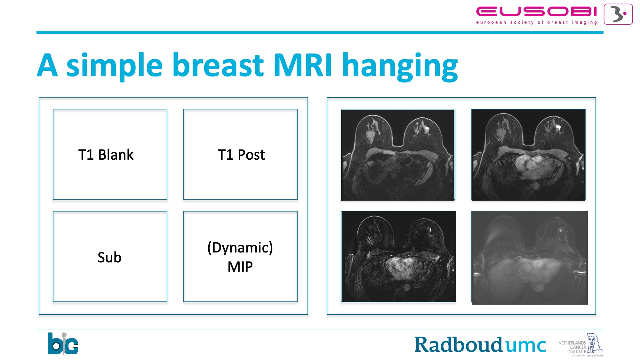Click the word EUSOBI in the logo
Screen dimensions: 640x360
[536, 12]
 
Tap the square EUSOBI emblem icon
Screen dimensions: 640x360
[618, 14]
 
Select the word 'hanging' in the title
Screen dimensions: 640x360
[400, 66]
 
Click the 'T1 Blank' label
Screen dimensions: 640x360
[106, 155]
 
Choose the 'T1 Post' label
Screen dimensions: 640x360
[241, 155]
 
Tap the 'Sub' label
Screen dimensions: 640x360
[109, 257]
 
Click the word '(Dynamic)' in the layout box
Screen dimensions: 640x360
[240, 248]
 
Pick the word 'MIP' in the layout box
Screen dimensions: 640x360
[240, 267]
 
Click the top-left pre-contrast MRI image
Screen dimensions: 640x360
[398, 155]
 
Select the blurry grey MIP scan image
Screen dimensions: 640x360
[530, 258]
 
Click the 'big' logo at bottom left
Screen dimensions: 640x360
[63, 344]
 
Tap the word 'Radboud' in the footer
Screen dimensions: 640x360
[459, 345]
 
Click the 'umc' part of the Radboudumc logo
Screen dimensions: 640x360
[525, 346]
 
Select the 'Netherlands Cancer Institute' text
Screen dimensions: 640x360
[572, 347]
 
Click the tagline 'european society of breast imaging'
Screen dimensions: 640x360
[536, 22]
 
